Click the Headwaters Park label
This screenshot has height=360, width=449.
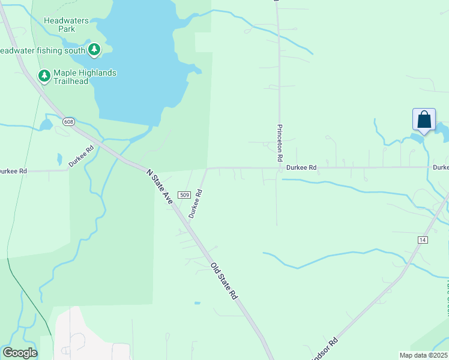(66, 25)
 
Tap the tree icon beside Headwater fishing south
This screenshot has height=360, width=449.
(94, 50)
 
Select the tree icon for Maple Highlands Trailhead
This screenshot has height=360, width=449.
(44, 76)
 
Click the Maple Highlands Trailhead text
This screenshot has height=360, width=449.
(85, 77)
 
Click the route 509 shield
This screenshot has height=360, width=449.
(184, 195)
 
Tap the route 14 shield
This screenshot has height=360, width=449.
(423, 239)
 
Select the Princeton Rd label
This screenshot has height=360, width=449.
(280, 143)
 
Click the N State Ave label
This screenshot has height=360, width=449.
(160, 187)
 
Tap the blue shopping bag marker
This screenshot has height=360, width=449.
(424, 119)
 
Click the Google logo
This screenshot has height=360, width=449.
(20, 353)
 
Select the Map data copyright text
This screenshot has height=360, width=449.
(423, 355)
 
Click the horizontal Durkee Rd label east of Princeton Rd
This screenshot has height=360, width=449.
(301, 168)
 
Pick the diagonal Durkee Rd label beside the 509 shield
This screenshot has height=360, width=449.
(194, 205)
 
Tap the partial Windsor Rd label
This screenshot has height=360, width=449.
(324, 350)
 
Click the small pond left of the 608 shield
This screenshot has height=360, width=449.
(46, 125)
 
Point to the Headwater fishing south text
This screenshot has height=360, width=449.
(42, 50)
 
